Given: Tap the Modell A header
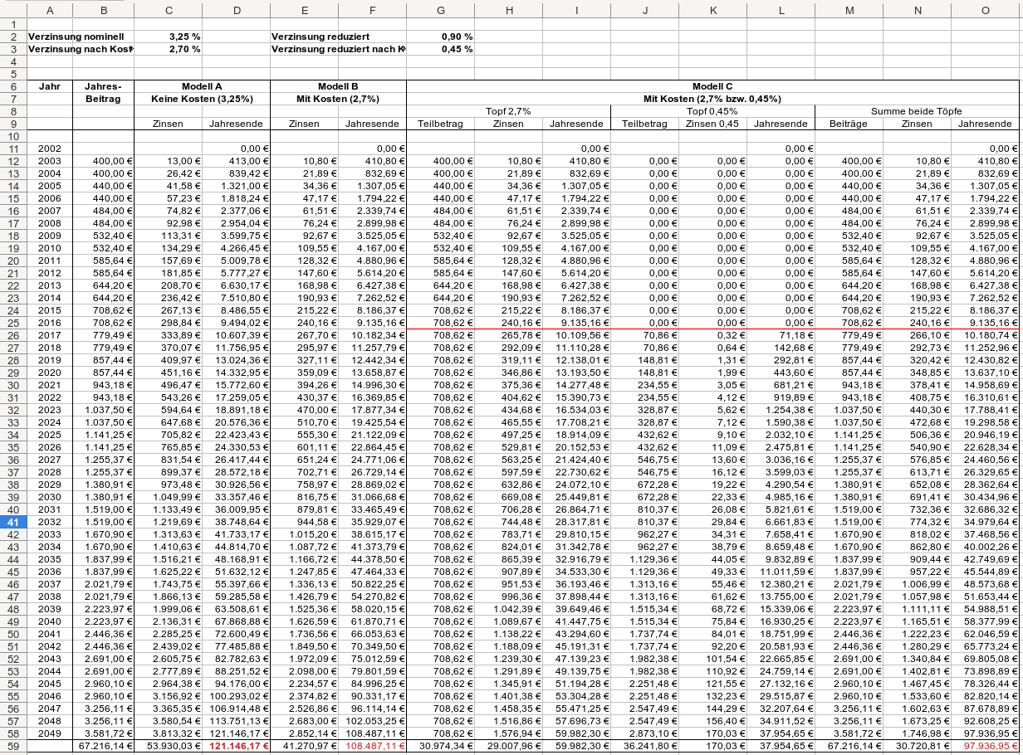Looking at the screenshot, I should pyautogui.click(x=202, y=86).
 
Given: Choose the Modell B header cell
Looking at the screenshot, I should pyautogui.click(x=338, y=86).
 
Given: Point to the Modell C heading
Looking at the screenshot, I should pyautogui.click(x=712, y=86).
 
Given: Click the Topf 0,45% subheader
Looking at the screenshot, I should pyautogui.click(x=712, y=111).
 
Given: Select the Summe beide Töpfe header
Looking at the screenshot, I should pyautogui.click(x=916, y=111).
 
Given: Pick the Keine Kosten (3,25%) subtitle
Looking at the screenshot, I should pyautogui.click(x=202, y=99).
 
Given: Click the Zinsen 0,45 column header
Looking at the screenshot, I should pyautogui.click(x=712, y=124).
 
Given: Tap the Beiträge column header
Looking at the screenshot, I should pyautogui.click(x=848, y=124).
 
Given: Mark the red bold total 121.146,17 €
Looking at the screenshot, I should pyautogui.click(x=236, y=747).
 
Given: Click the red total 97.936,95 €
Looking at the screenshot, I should pyautogui.click(x=986, y=747).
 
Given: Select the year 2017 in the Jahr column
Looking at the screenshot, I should pyautogui.click(x=50, y=335).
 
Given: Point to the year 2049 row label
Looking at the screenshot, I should pyautogui.click(x=50, y=733).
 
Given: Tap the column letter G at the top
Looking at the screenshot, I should pyautogui.click(x=440, y=10).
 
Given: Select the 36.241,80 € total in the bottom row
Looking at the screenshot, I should pyautogui.click(x=644, y=747).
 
